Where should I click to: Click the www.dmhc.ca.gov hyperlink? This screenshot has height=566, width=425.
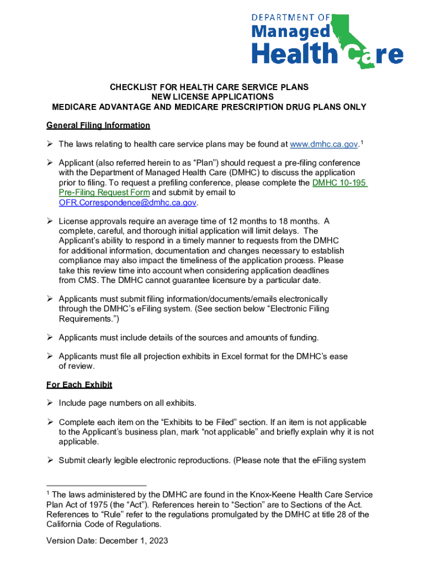coord(324,144)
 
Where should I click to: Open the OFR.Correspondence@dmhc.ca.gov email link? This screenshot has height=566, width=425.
coord(127,203)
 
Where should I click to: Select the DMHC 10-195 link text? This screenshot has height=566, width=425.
coord(339,183)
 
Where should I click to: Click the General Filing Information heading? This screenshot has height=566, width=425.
coord(98,125)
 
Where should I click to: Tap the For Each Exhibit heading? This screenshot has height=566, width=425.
coord(79,384)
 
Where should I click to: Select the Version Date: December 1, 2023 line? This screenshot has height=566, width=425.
coord(108,541)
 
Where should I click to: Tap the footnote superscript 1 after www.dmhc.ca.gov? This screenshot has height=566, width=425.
coord(362,142)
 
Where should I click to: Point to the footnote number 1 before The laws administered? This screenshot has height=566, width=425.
coord(48,493)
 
